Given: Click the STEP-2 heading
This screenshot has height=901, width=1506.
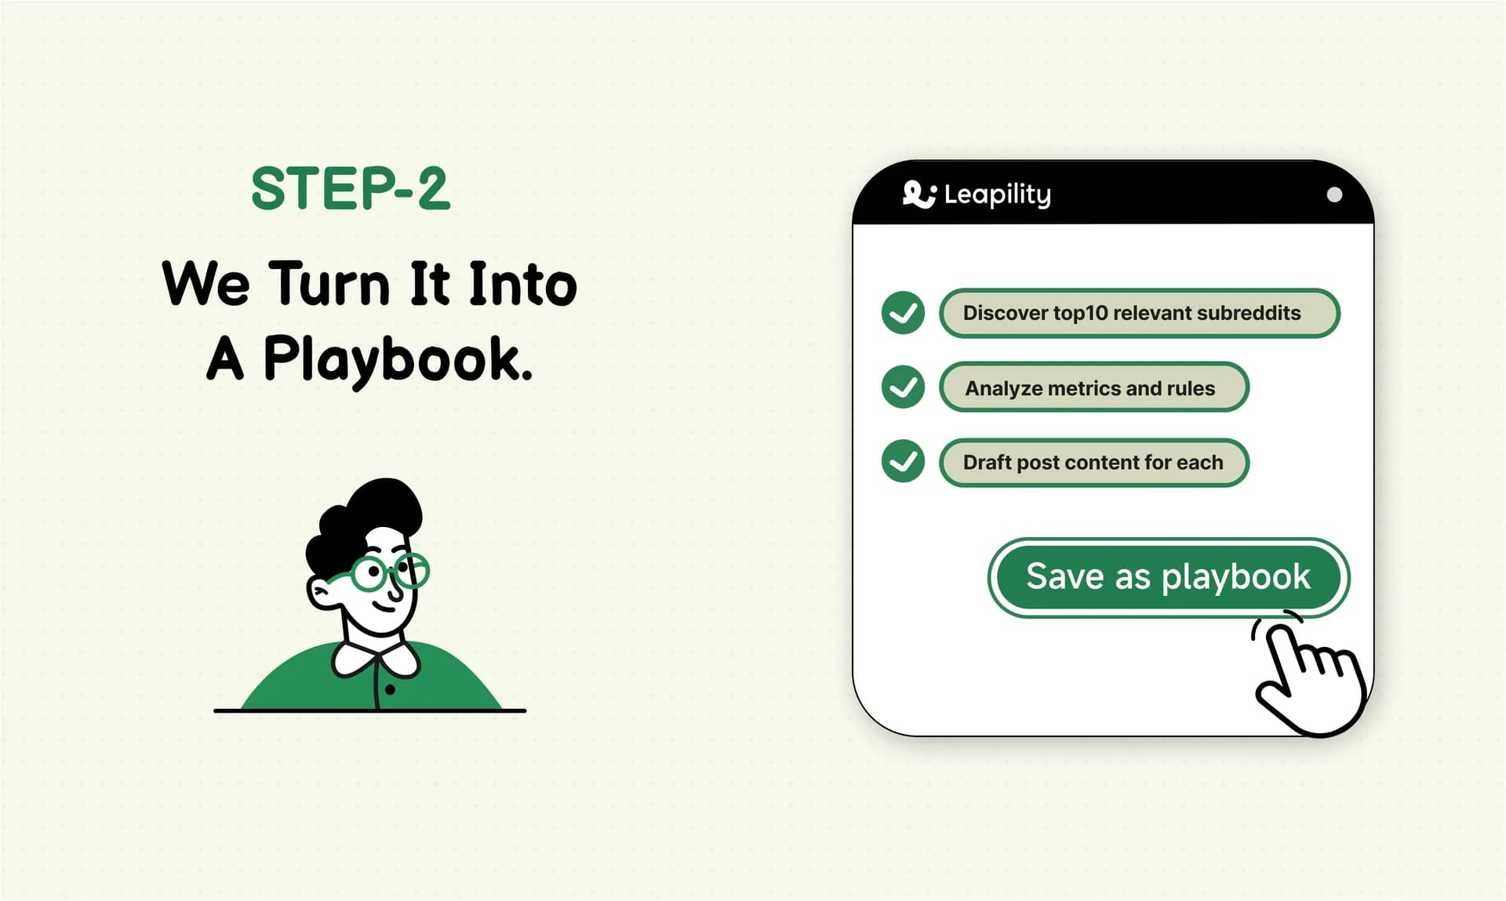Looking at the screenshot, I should click(351, 189).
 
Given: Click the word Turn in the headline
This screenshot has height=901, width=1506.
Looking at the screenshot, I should click(329, 284).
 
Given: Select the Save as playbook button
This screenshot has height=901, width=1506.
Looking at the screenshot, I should click(1168, 577).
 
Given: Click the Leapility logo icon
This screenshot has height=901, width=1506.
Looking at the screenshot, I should click(919, 194).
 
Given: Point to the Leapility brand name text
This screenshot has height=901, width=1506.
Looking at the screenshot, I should click(997, 194).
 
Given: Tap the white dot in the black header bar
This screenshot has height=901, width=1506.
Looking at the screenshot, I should click(1333, 194).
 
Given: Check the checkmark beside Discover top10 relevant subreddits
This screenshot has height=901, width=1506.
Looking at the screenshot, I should click(903, 313).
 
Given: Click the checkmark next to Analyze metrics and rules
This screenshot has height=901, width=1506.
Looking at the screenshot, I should click(903, 387).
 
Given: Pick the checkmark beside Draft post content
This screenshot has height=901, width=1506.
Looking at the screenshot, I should click(903, 461).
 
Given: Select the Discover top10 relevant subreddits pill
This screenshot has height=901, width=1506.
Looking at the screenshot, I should click(1139, 313).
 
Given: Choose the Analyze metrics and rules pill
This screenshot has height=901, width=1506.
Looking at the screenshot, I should click(1093, 387).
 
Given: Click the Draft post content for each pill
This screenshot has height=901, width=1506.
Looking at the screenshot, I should click(1093, 463).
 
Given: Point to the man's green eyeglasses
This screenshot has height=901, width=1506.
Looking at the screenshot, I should click(388, 572).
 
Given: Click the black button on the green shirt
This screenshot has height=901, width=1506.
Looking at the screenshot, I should click(390, 690).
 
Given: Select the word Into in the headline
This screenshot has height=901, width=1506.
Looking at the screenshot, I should click(522, 284).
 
